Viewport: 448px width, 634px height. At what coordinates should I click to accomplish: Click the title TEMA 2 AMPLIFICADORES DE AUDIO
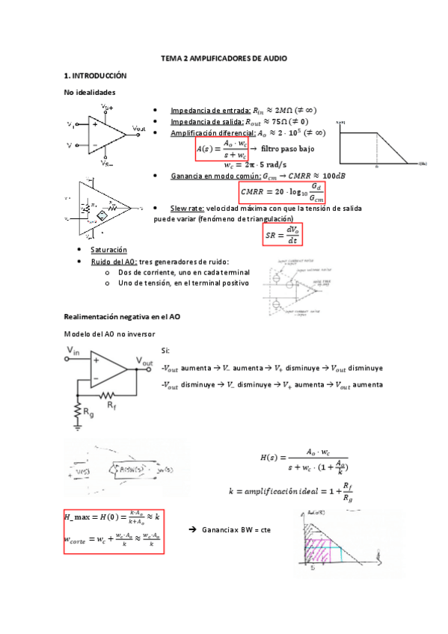coord(224,58)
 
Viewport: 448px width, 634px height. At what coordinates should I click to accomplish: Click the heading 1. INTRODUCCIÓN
coord(96,76)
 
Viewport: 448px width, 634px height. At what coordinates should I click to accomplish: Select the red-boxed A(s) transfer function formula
coord(221,149)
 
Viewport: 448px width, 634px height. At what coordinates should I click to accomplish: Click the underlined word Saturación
coord(108,249)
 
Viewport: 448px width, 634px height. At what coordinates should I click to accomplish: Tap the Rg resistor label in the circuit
coord(88,412)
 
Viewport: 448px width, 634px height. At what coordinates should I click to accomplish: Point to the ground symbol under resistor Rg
coord(78,430)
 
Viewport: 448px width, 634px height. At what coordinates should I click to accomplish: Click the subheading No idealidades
coord(90,92)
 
